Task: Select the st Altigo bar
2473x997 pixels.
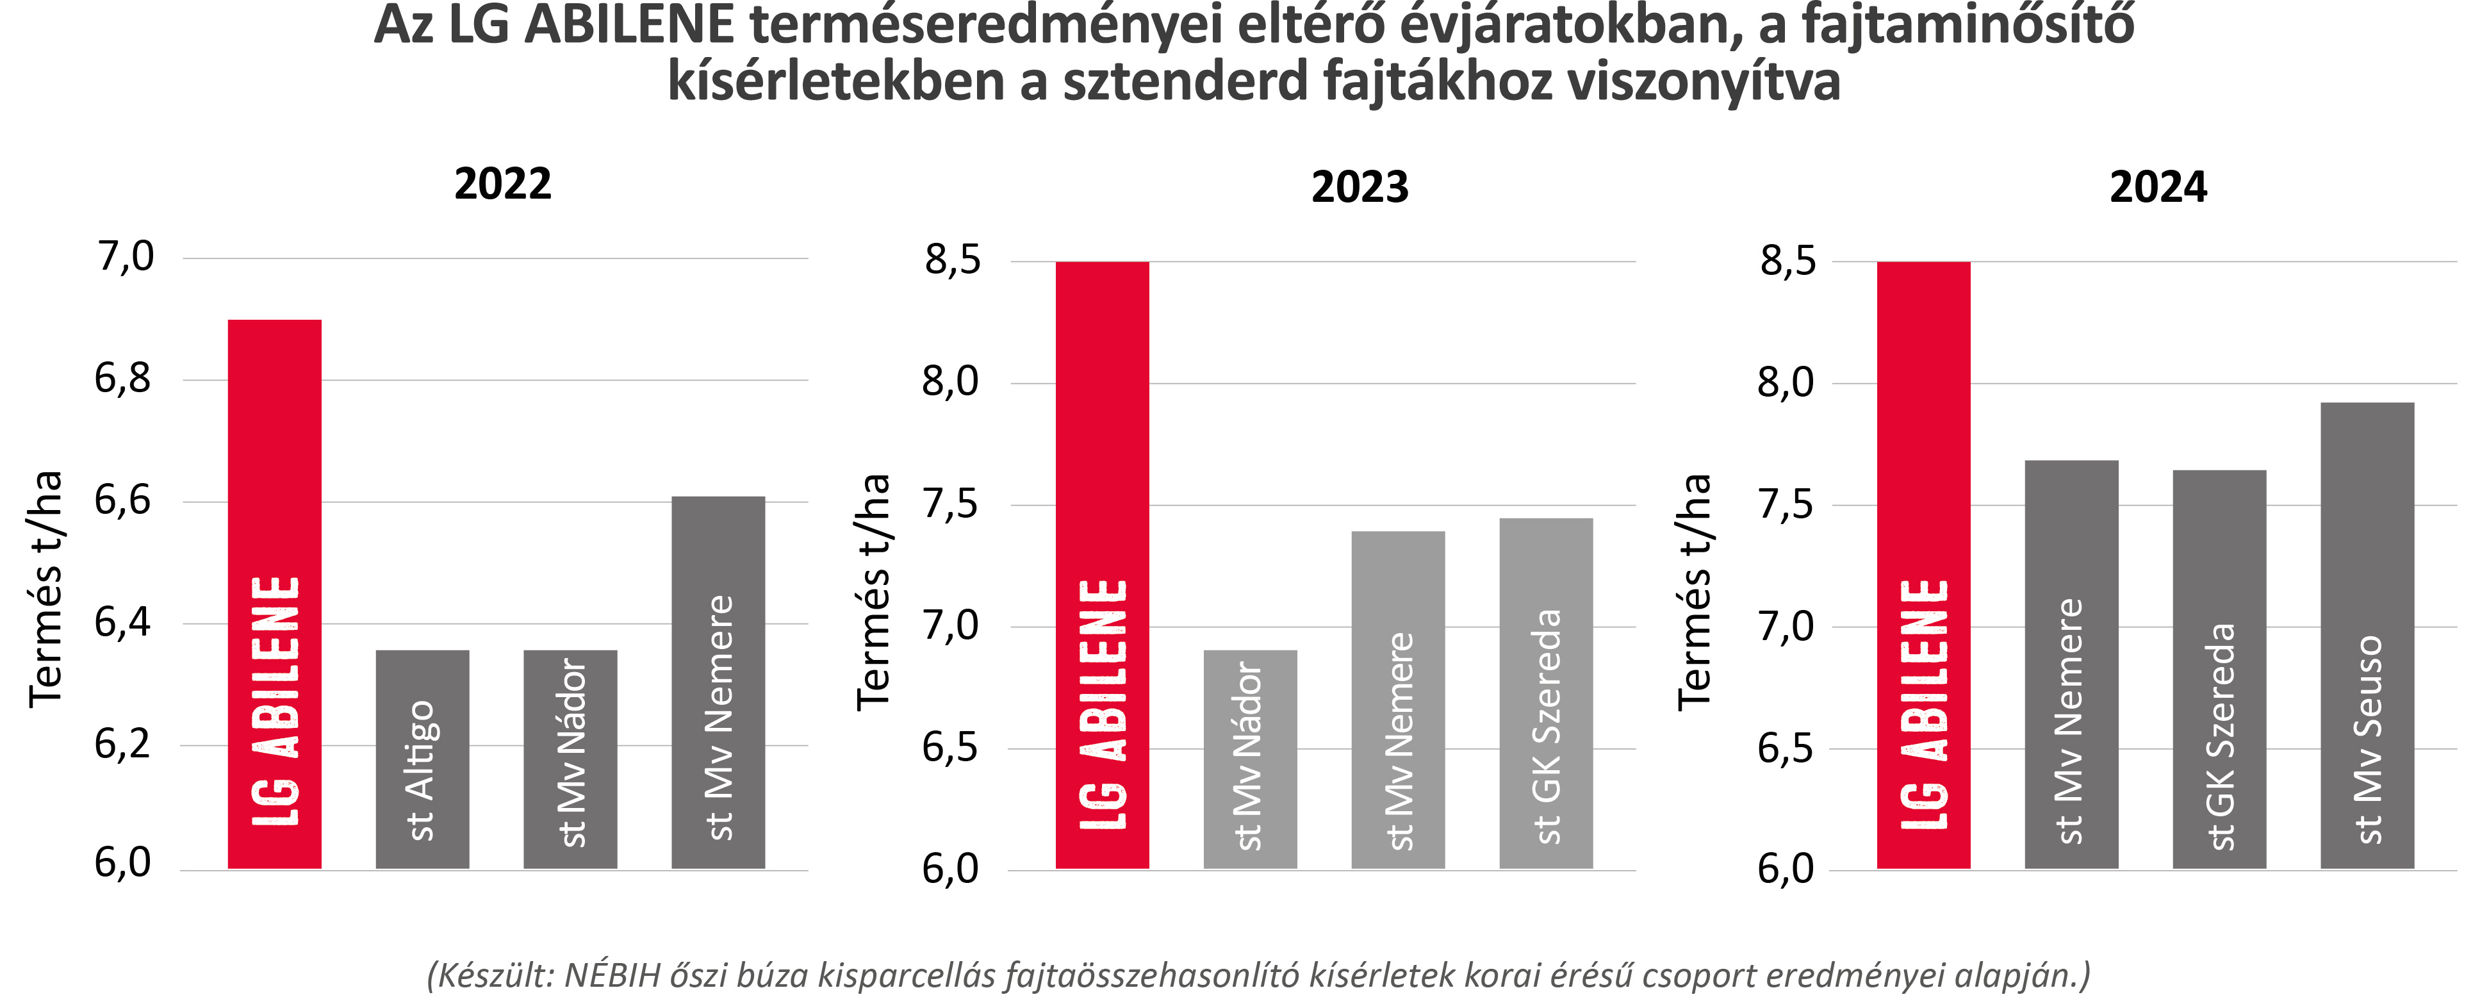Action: [422, 759]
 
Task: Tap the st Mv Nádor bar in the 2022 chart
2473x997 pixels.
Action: [570, 759]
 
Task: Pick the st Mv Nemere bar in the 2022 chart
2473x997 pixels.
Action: [718, 682]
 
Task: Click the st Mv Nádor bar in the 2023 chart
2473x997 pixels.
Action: [1250, 759]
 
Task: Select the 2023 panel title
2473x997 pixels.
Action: [1360, 187]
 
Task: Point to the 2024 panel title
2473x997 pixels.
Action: [2158, 187]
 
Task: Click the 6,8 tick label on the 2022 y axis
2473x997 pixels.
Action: [123, 379]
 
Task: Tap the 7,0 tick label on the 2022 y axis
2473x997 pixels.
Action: [125, 258]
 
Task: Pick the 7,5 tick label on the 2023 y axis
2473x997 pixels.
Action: [950, 505]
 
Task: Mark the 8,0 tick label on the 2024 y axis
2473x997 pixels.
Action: [1786, 383]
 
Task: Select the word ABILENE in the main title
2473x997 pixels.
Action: [629, 26]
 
